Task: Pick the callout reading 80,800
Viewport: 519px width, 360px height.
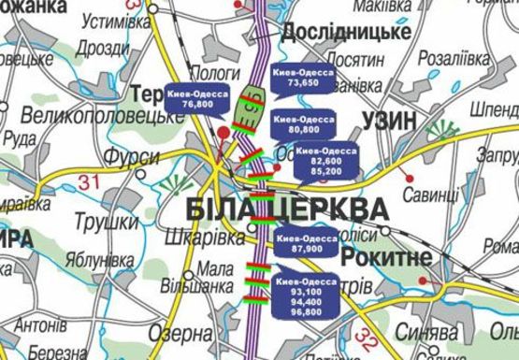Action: click(x=305, y=124)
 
